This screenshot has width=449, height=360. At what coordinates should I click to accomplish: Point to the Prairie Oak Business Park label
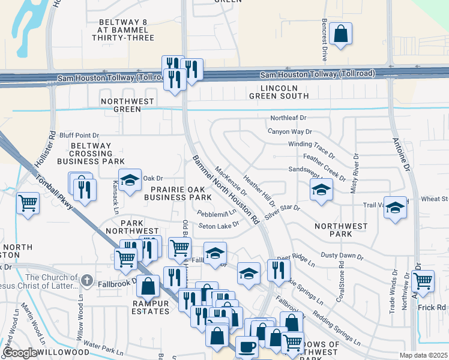pos(177,193)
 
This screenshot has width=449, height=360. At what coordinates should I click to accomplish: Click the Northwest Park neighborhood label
pos(341,230)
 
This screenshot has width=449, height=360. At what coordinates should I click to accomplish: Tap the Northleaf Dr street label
pos(288,118)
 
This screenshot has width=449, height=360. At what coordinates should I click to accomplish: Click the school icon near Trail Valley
pos(394,207)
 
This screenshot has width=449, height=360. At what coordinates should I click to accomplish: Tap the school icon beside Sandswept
pos(321,190)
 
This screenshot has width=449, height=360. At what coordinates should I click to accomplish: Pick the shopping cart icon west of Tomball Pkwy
pos(28,203)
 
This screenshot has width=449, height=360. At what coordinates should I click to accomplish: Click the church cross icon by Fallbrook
pos(87,280)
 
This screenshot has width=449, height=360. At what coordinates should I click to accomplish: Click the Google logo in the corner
pos(20,353)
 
